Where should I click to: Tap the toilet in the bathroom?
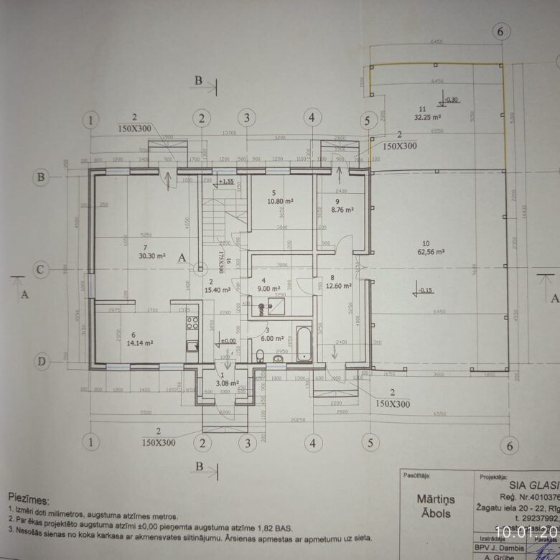(260, 354)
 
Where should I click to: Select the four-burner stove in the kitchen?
(192, 323)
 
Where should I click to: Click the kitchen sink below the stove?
(192, 347)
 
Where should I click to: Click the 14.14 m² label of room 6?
(136, 344)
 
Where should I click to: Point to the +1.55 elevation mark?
(227, 182)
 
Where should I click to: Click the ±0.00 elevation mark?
(228, 341)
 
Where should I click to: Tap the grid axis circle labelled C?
(42, 269)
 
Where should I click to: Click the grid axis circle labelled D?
(42, 360)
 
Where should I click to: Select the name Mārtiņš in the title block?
(434, 497)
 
